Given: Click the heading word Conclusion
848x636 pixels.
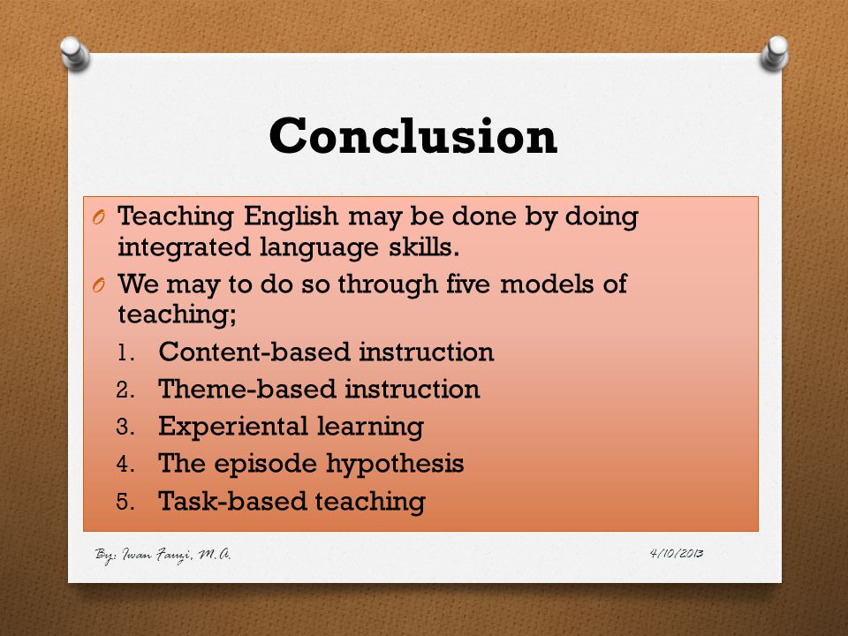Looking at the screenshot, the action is (413, 136).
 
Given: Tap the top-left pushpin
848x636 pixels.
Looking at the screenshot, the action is (74, 53).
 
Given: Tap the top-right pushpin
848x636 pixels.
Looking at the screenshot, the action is (775, 53).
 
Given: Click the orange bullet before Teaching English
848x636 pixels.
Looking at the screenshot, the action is (98, 217).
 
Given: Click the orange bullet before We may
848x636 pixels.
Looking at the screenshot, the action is (98, 285).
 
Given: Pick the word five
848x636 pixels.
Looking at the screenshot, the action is (468, 283).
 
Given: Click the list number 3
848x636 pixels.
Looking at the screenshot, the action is (125, 427).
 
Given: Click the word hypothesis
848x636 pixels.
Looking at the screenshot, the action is (395, 465).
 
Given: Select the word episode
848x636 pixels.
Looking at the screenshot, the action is (265, 465).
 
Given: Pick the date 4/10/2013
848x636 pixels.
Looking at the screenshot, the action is (677, 553).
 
